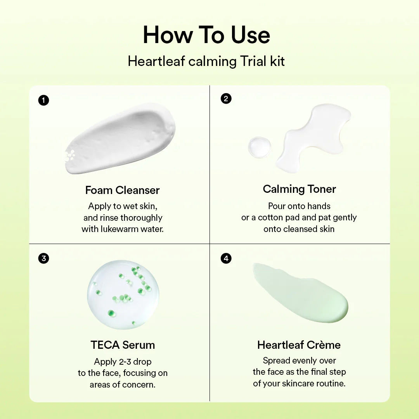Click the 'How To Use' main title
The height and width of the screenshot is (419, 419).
206,35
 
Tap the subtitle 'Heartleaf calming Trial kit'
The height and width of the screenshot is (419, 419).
206,61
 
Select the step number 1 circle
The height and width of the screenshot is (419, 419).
43,100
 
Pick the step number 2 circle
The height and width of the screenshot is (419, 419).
226,99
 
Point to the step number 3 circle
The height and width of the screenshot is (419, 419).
43,258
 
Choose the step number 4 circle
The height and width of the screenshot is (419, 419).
226,258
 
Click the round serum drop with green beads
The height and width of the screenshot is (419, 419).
123,295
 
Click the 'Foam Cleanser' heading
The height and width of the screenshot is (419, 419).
122,190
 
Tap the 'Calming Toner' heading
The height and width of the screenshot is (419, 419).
299,189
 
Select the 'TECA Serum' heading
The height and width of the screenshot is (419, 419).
123,345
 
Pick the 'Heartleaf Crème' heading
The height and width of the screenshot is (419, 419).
299,345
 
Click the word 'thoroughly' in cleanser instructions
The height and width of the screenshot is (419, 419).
141,218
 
